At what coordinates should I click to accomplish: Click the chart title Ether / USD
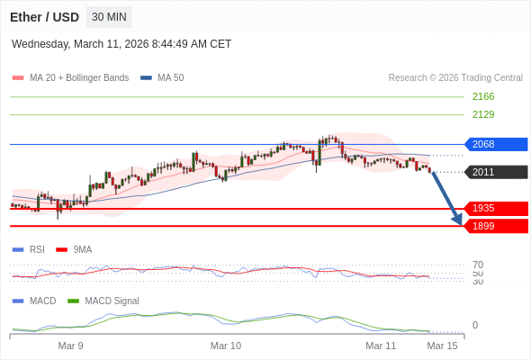[44, 17]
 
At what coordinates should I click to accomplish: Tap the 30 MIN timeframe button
[109, 17]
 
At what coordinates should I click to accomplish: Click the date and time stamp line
[121, 43]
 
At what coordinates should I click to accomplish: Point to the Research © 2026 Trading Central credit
[455, 77]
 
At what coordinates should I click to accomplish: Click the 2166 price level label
[482, 96]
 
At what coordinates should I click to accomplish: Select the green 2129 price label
[482, 114]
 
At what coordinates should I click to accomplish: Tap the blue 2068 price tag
[495, 144]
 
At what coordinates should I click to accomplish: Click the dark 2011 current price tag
[495, 172]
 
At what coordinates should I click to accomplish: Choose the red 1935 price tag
[495, 208]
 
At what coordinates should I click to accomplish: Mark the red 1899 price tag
[495, 226]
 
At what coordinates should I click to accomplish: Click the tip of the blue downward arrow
[460, 223]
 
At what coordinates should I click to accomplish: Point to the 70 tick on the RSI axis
[478, 265]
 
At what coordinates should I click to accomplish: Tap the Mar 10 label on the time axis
[226, 346]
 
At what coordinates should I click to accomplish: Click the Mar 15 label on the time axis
[442, 346]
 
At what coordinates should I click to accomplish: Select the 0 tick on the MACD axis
[475, 325]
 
